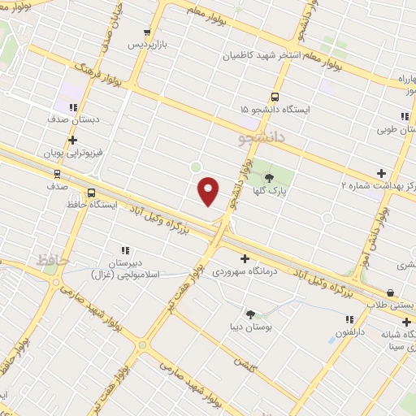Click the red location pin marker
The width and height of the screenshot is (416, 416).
coord(208,190)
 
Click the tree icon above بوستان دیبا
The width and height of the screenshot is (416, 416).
coord(250,314)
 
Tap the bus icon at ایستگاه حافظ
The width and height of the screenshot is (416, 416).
coord(90,193)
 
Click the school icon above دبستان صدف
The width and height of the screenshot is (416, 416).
coord(73,106)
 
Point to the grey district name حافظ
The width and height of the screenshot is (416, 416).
coord(50,259)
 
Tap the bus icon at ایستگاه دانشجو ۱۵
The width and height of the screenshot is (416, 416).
coord(275,97)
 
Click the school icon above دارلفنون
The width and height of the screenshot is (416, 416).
coord(349,320)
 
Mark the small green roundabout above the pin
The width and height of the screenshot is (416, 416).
coord(195,167)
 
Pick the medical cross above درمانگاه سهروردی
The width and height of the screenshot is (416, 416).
coord(245,258)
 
